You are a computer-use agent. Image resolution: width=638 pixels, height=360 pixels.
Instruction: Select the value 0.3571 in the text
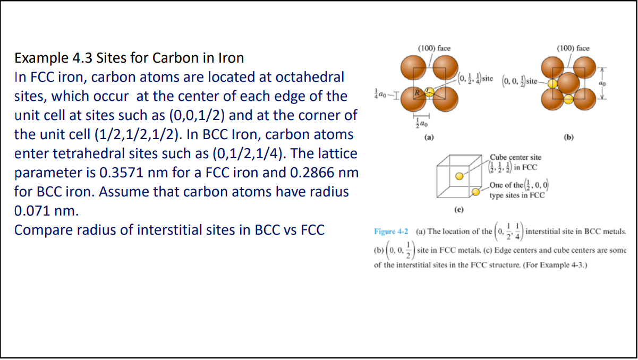[121, 173]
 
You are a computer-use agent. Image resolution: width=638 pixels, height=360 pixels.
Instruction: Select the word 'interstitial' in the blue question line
[169, 230]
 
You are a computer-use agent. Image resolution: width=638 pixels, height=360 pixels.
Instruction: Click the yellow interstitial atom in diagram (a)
[429, 92]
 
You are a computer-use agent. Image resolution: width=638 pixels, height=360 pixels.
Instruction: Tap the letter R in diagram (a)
[417, 92]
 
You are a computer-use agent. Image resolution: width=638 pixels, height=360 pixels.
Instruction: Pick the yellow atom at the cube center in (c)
[459, 176]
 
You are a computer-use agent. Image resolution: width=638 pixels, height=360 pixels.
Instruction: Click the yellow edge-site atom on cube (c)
[475, 192]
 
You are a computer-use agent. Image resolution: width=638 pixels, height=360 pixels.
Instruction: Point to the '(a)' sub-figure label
[429, 138]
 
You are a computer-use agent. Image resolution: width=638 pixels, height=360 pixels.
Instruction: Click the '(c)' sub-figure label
[458, 210]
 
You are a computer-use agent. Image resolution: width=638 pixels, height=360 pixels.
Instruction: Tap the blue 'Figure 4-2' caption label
[391, 232]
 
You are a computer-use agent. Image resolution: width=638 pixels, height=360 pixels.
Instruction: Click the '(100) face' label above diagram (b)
[573, 48]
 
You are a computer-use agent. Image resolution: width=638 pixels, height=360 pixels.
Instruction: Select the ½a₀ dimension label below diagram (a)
[422, 124]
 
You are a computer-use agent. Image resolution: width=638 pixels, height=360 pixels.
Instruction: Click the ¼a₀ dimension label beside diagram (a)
[380, 94]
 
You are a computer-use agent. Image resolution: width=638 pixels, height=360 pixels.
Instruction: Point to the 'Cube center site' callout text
[515, 157]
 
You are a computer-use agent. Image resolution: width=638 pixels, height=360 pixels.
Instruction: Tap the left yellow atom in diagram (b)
[552, 83]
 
